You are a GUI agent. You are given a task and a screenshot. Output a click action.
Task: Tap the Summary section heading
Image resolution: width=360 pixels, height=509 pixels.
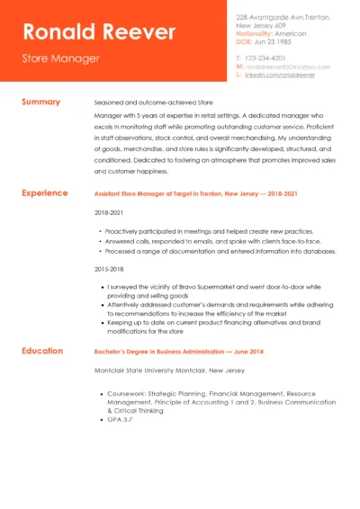coord(40,103)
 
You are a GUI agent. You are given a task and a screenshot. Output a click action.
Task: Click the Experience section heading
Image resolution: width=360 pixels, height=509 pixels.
coord(44,192)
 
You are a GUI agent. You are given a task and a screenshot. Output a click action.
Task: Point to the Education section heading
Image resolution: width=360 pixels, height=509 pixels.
coord(42,351)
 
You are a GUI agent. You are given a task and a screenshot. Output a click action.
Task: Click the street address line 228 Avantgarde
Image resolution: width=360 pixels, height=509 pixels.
coord(283,17)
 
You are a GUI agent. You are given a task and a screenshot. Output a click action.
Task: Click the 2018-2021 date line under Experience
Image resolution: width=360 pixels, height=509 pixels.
coord(107,213)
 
